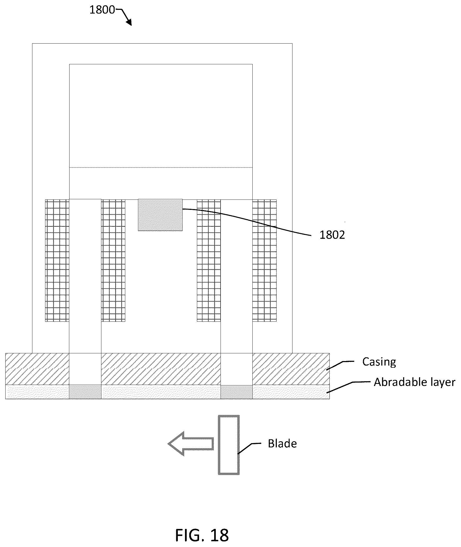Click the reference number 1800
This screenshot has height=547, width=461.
click(102, 10)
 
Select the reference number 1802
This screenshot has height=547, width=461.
click(332, 235)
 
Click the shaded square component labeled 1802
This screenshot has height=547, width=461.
click(160, 215)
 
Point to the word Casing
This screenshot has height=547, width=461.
click(379, 362)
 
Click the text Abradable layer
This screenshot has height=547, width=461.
click(414, 382)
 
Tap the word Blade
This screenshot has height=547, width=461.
click(282, 443)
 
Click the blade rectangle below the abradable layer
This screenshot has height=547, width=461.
click(229, 445)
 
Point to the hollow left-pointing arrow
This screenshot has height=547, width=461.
click(191, 444)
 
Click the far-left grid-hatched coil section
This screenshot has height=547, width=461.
click(57, 261)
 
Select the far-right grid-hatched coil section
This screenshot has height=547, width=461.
click(264, 261)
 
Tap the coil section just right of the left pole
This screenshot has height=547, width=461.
click(113, 261)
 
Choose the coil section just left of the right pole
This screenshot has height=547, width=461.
click(209, 261)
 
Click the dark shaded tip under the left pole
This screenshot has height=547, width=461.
click(85, 392)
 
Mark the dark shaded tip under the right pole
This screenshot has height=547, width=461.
click(236, 392)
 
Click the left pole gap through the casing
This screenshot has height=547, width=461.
click(85, 369)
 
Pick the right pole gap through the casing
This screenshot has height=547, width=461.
click(236, 369)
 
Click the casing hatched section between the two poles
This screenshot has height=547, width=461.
click(161, 369)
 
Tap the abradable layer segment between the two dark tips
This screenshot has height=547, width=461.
click(161, 392)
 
